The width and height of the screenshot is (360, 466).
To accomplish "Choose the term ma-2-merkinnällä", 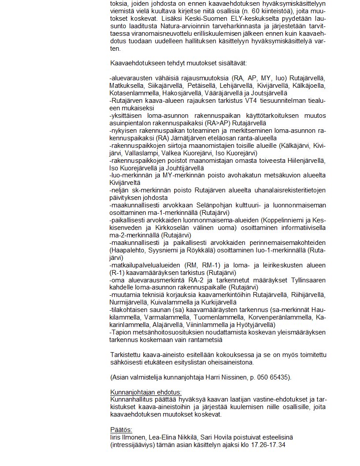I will point(135,235).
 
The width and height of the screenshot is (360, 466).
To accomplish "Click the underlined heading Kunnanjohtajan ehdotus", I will point(146,392).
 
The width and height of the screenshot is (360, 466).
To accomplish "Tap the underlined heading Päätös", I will point(121,429).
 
